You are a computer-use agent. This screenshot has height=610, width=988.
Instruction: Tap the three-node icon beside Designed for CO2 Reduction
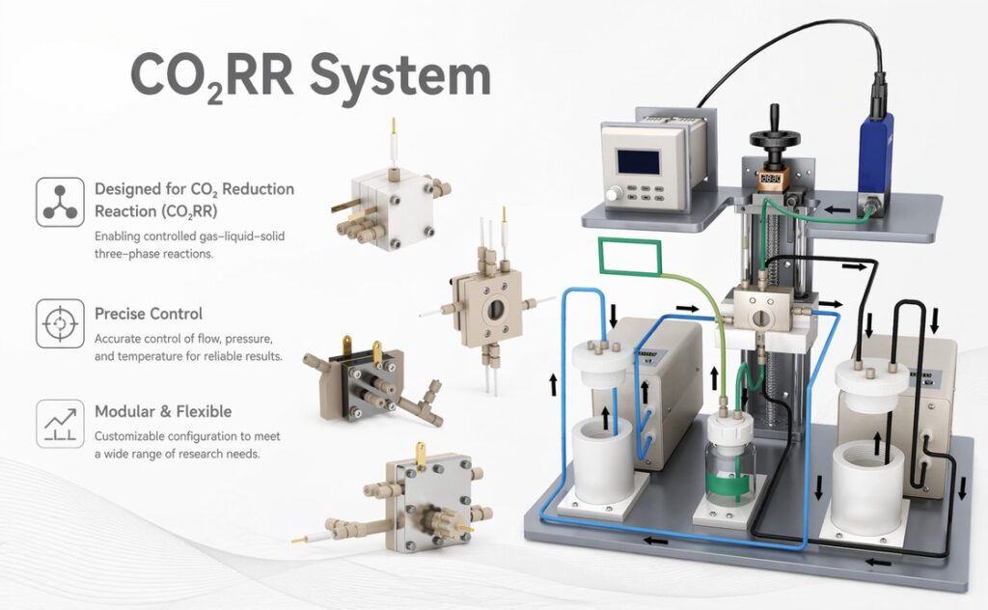pos(60,202)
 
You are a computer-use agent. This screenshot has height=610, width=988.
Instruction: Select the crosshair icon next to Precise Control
pos(60,323)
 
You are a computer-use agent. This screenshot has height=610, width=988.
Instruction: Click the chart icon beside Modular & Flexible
pos(60,423)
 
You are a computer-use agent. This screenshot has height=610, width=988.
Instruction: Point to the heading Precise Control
pos(149,314)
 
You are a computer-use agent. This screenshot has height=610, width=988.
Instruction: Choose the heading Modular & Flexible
pos(163,412)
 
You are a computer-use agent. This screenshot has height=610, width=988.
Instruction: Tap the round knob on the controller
pos(615,195)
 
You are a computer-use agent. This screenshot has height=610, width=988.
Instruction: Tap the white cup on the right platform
pos(870,483)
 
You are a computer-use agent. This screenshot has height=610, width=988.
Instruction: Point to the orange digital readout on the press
pos(770,179)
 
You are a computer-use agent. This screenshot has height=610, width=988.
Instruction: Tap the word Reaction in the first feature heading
pos(124,212)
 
